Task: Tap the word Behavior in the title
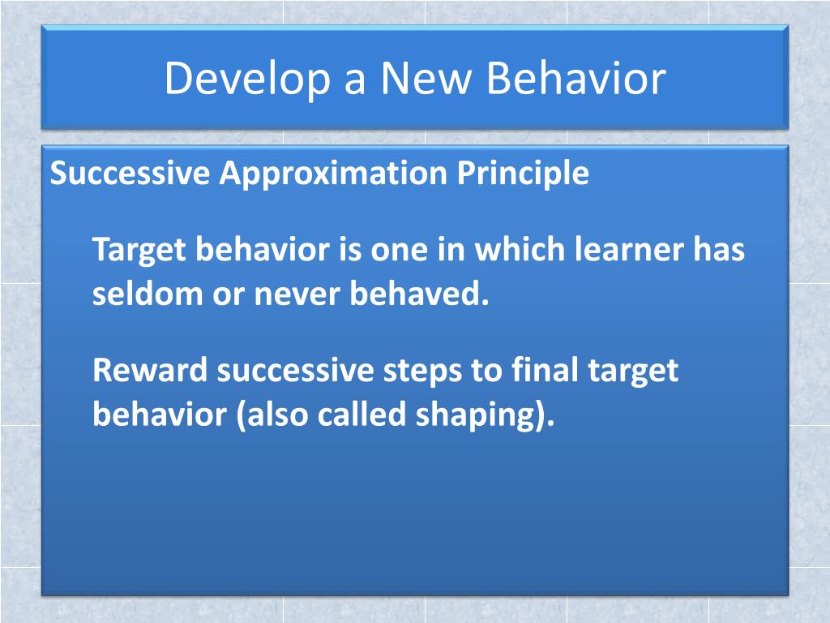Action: [577, 79]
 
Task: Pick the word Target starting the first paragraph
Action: [138, 250]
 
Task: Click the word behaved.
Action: [421, 294]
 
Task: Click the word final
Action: [539, 371]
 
